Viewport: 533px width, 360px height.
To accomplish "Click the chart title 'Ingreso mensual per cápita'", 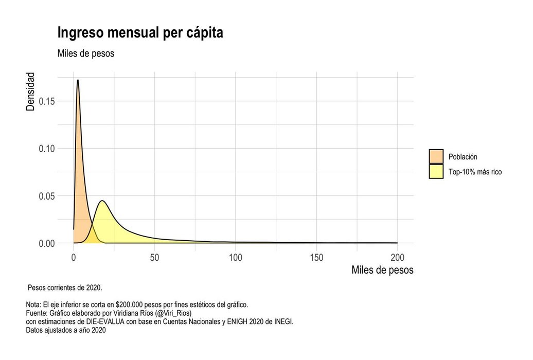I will (140, 33).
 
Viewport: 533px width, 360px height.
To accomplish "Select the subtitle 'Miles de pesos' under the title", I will (85, 53).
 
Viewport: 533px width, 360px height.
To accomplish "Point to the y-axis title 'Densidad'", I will (31, 92).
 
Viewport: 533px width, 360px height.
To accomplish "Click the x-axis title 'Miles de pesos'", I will (382, 270).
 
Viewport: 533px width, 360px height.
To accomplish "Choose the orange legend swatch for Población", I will (436, 157).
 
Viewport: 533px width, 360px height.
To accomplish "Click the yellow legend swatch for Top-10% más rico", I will (436, 172).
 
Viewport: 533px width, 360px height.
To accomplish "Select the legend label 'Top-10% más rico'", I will (475, 172).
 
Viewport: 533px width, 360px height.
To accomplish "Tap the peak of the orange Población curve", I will (78, 80).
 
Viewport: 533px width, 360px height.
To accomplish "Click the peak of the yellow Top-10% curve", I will (102, 201).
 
